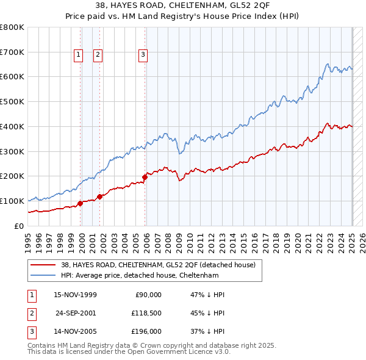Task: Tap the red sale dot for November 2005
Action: pyautogui.click(x=145, y=177)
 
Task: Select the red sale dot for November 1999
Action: pyautogui.click(x=81, y=203)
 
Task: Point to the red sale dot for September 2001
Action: pyautogui.click(x=99, y=196)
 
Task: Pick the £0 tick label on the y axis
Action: pyautogui.click(x=20, y=226)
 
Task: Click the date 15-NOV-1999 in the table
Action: pyautogui.click(x=76, y=295)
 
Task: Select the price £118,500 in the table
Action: pyautogui.click(x=146, y=313)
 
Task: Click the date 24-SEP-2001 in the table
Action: pyautogui.click(x=76, y=313)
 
